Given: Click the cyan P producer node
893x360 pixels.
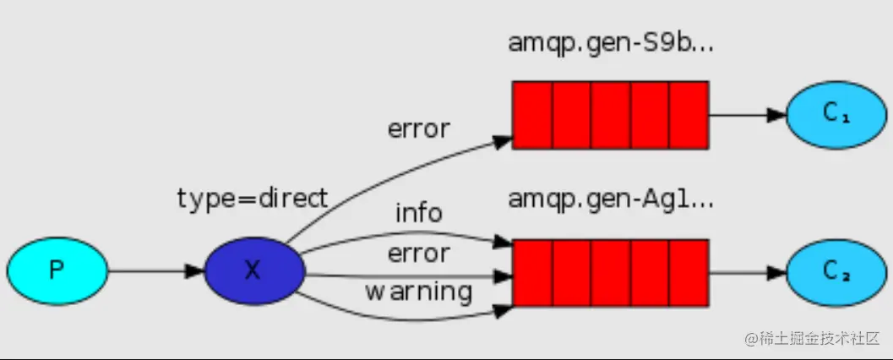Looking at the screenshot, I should tap(57, 270).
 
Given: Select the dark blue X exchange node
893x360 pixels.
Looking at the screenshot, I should tap(253, 270).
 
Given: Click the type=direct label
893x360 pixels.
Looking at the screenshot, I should tap(252, 199).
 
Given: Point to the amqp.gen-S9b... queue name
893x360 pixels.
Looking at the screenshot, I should tap(611, 43).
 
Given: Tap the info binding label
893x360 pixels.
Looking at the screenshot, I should tap(418, 213).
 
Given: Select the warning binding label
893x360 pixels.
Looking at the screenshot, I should tap(418, 292).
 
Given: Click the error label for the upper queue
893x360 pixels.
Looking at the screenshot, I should tap(418, 129).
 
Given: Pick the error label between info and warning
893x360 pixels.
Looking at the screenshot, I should tap(418, 253).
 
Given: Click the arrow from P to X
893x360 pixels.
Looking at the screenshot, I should tap(156, 271).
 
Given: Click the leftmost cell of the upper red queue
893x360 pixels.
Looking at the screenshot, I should tap(532, 115).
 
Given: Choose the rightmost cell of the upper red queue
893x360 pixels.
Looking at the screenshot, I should tap(688, 115).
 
